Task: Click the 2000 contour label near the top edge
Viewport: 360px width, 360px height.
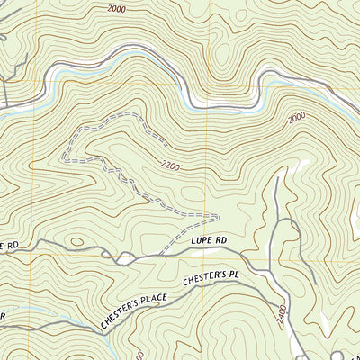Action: click(115, 9)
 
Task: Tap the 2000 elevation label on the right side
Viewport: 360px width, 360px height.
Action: click(297, 120)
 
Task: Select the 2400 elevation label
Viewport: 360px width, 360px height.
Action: click(282, 315)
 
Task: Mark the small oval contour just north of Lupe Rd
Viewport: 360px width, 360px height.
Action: click(76, 241)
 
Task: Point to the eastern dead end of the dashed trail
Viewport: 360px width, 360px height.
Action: click(219, 217)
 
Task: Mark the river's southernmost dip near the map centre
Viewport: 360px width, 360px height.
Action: click(193, 102)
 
